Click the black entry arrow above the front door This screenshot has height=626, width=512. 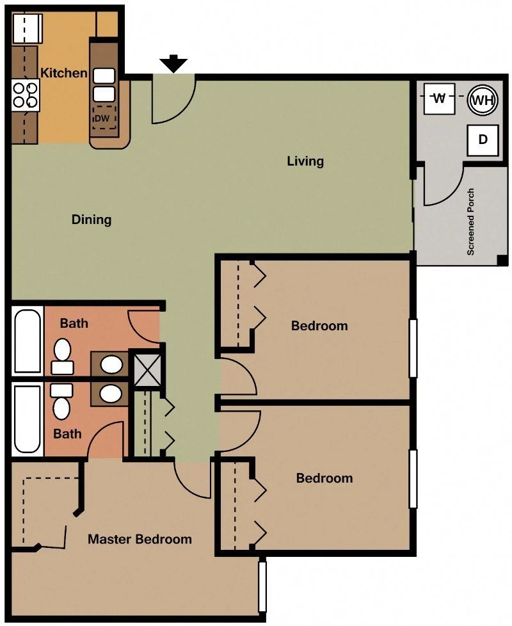coord(173,63)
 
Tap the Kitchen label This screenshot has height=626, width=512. coord(64,73)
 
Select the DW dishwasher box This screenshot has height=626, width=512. coord(104,118)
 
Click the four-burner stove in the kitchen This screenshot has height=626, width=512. coord(26,95)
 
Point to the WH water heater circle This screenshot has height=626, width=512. coord(483,100)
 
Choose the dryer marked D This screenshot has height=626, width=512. coord(483,140)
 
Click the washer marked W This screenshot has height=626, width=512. coord(440,98)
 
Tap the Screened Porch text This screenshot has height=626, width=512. coord(471,222)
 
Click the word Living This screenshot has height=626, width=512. coord(305,161)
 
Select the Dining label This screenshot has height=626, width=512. coord(92,220)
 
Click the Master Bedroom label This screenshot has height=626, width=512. coord(140,539)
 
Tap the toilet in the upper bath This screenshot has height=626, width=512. coord(62,357)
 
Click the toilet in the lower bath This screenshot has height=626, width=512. coord(61,401)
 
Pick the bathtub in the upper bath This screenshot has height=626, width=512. coord(27,341)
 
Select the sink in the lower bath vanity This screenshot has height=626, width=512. coord(111,394)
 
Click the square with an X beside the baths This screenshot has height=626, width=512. coord(148,370)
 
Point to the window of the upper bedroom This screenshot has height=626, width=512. coord(413,348)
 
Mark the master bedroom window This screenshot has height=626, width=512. coord(262,586)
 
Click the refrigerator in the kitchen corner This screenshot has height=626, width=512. coord(27,28)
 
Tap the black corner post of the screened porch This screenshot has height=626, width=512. coord(502,261)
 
